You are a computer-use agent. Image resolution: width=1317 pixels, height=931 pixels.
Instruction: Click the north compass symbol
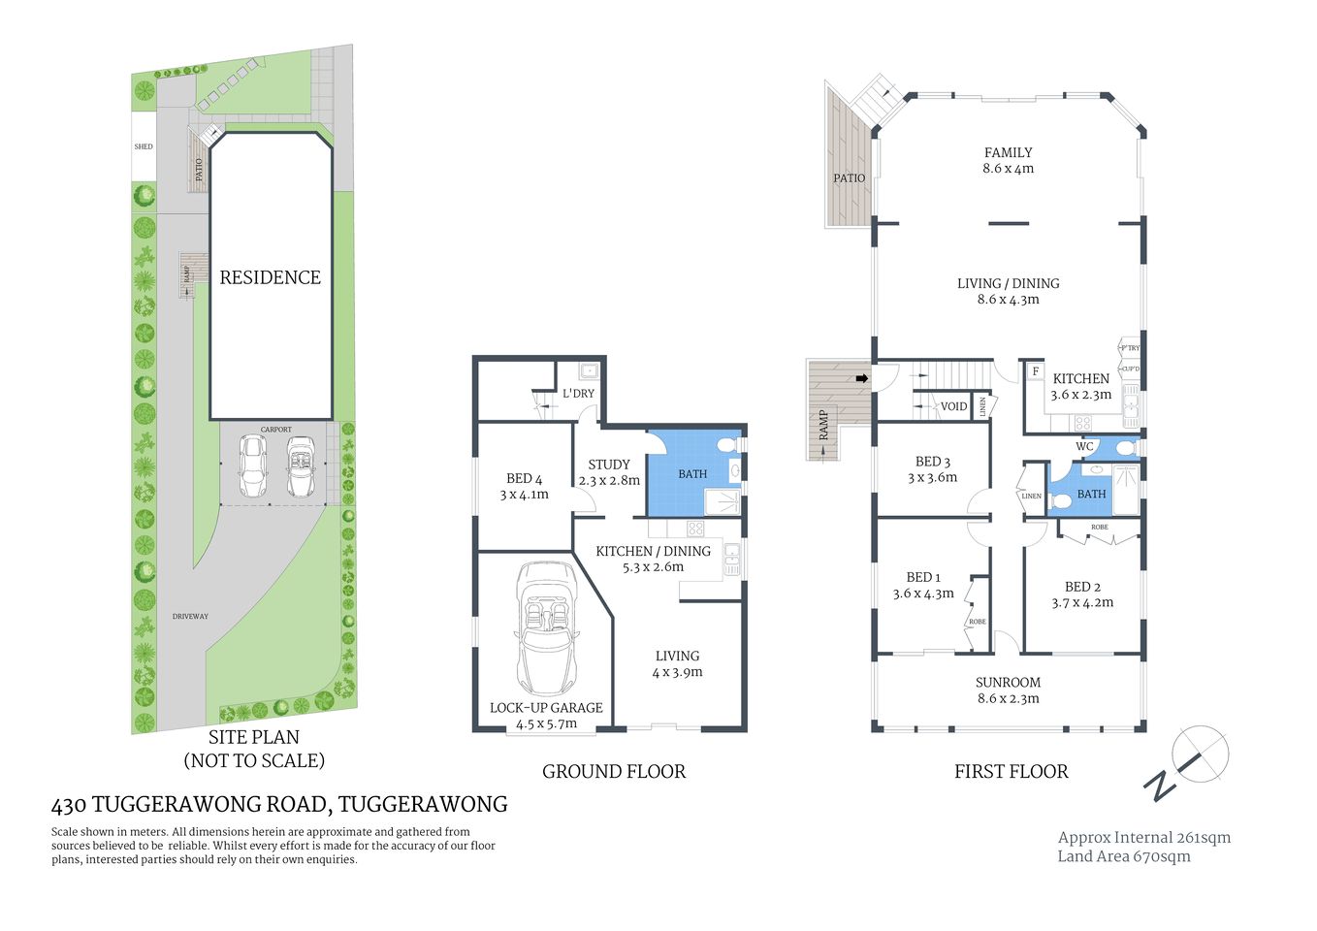click(1200, 754)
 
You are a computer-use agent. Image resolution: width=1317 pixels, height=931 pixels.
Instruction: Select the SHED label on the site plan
click(144, 146)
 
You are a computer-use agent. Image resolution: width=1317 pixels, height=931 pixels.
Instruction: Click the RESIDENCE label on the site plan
click(270, 277)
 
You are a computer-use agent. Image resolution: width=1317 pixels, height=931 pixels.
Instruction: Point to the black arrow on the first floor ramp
click(861, 379)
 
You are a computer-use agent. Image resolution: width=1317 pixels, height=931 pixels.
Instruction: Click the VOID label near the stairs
click(953, 406)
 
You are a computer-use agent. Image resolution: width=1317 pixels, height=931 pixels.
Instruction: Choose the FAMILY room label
click(1008, 152)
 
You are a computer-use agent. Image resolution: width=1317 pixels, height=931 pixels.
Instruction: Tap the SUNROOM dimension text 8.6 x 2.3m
click(1008, 698)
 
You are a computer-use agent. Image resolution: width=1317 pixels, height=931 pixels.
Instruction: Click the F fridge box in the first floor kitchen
click(1035, 371)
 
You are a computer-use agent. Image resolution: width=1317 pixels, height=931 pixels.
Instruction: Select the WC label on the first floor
click(1084, 447)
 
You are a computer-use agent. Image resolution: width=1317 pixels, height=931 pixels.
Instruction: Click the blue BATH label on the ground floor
click(692, 474)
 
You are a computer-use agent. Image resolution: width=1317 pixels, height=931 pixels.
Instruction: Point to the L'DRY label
click(578, 394)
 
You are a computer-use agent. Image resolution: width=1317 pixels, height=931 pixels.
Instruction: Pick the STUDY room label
click(609, 465)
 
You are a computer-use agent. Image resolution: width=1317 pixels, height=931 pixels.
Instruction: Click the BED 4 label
click(524, 478)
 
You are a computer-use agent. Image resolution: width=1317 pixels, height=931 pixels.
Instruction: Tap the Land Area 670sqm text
click(1123, 856)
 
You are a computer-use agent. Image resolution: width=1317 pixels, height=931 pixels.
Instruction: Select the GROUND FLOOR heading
click(613, 772)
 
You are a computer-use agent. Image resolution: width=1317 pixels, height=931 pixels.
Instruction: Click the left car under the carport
click(252, 465)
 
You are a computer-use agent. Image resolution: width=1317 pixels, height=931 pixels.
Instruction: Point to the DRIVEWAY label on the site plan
click(190, 617)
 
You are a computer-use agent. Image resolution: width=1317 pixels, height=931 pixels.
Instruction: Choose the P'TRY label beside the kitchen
click(1130, 348)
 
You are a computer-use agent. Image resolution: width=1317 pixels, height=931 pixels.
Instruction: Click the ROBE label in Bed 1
click(977, 622)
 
